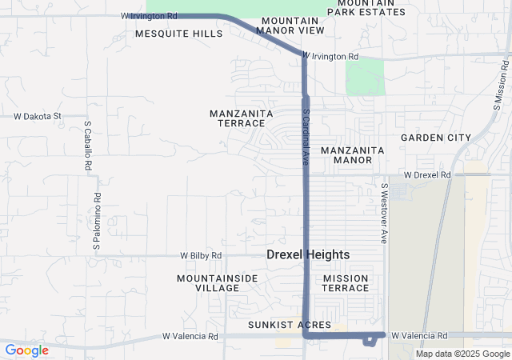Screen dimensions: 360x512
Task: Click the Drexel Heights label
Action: [x=308, y=254]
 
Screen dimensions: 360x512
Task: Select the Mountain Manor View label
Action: [x=291, y=25]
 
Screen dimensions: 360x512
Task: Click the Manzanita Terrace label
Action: [x=237, y=118]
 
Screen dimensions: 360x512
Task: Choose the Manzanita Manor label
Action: [x=352, y=155]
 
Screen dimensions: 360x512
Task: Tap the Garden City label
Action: [x=436, y=138]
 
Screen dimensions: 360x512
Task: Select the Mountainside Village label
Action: [x=206, y=282]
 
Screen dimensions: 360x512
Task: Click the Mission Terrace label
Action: [x=346, y=282]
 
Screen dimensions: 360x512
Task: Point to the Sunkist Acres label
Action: [x=290, y=324]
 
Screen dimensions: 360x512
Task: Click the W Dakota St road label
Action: [x=38, y=116]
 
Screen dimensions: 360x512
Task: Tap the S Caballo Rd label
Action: [x=86, y=146]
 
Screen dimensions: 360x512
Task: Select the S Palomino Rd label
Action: [x=96, y=222]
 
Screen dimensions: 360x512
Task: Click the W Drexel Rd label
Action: [x=427, y=174]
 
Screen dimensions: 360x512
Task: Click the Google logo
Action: [x=26, y=350]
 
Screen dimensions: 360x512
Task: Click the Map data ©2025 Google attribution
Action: [x=462, y=354]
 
